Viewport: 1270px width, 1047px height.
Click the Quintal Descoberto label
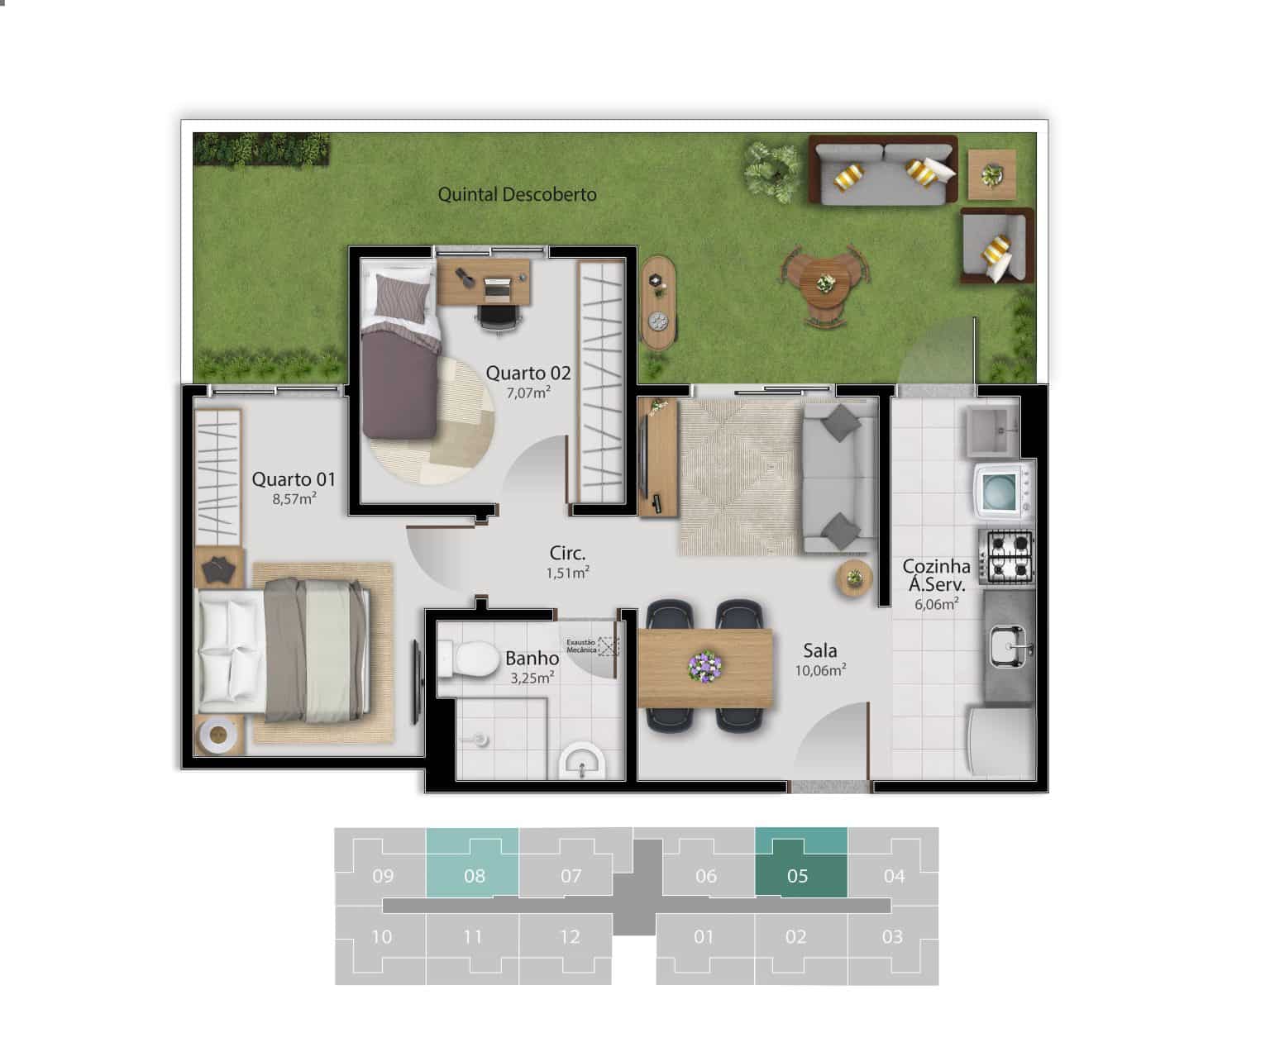point(517,194)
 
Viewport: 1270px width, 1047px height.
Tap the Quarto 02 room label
point(528,373)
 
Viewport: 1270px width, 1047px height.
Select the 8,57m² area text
point(294,499)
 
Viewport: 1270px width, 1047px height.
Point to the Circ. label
point(567,554)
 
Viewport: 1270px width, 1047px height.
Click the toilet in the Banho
point(469,659)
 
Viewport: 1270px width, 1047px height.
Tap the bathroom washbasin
point(582,761)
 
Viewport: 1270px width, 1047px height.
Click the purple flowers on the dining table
point(704,666)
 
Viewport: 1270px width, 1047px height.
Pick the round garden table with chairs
point(825,284)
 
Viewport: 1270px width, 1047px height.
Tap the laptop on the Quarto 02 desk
point(497,289)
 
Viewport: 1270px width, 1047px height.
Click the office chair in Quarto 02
point(499,317)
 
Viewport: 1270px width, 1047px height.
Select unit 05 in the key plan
point(800,863)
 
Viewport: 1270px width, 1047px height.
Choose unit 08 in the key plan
point(473,863)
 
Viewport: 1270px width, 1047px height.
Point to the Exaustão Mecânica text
point(581,645)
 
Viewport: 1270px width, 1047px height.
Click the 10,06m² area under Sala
point(820,671)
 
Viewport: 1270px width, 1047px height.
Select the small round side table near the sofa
point(854,578)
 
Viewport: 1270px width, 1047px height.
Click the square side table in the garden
point(992,174)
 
